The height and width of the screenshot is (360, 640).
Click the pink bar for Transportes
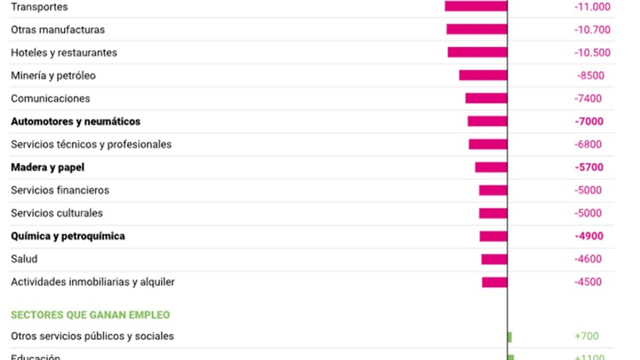(475, 6)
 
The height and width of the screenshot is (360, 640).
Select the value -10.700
(592, 29)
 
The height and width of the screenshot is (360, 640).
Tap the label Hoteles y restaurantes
(64, 52)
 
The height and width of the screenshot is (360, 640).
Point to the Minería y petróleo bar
(483, 75)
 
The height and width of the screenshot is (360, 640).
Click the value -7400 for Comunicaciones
(588, 98)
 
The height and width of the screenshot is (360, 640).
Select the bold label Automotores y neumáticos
(75, 121)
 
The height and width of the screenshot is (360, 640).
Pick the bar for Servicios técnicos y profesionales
(488, 144)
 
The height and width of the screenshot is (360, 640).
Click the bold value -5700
(589, 167)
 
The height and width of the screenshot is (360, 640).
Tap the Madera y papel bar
(491, 167)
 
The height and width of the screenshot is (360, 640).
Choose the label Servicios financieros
(60, 190)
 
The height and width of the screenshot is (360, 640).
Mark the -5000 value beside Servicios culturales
(588, 213)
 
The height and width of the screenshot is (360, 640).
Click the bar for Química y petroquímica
(493, 236)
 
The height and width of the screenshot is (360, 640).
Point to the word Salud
(24, 259)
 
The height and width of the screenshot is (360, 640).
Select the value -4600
(588, 259)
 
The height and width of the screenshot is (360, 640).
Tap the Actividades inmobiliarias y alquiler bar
(494, 282)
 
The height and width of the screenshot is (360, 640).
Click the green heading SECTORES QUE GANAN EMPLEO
(90, 315)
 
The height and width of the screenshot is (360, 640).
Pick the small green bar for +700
(509, 336)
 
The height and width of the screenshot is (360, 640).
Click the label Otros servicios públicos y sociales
(92, 336)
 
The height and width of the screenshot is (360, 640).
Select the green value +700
(586, 336)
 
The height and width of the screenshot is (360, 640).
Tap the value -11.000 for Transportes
(592, 6)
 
